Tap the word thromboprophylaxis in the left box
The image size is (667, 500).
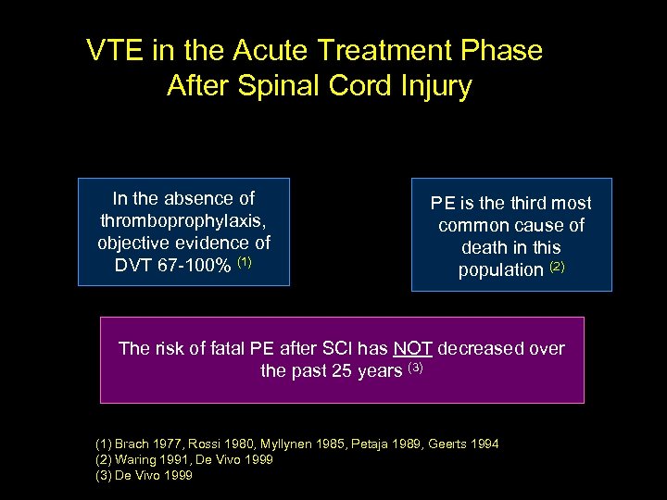183,221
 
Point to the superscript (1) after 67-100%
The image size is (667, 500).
245,263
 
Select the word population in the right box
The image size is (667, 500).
500,270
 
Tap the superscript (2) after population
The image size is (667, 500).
557,268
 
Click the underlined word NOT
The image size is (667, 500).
412,349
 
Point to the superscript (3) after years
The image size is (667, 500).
415,369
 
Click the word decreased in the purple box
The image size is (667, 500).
480,349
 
